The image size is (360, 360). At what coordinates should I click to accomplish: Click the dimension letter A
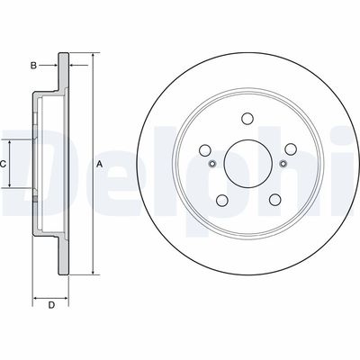click(100, 163)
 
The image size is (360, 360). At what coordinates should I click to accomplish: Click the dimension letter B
click(32, 66)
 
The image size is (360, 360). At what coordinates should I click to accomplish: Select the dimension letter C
click(4, 163)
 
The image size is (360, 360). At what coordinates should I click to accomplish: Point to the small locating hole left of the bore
click(212, 163)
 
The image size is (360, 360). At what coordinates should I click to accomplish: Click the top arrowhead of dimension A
click(92, 56)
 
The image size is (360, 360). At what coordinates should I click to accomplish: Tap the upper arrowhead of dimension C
click(12, 142)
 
